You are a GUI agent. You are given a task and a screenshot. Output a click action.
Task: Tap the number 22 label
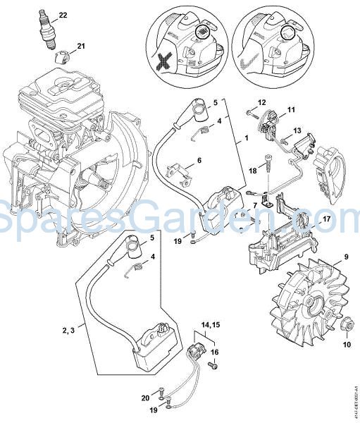coord(63,15)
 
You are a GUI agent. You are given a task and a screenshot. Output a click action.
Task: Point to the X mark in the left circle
coord(166,61)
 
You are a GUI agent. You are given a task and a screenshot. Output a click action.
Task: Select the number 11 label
coord(290,109)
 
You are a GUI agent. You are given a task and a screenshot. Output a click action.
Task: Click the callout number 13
coord(297,130)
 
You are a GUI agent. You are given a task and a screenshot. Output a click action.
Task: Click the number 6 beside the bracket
coord(199,160)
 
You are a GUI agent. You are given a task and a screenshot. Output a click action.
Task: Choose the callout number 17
coord(326,219)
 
